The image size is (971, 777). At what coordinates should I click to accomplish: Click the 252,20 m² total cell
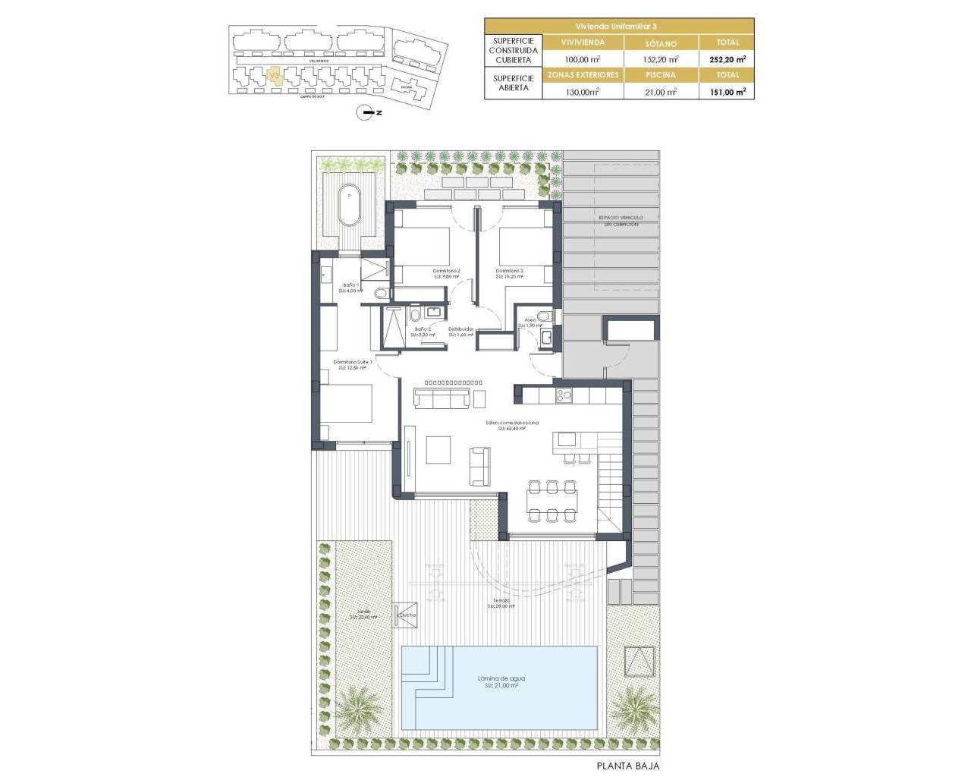coord(727,59)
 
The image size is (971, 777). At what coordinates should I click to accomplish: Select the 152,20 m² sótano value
coord(661,59)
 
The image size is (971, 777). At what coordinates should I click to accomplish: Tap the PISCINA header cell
coord(661,75)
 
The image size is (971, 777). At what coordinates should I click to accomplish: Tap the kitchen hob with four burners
coord(564,395)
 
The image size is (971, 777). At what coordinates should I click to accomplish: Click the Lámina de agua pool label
coord(501,681)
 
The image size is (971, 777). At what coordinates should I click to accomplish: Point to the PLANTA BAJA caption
coord(628,766)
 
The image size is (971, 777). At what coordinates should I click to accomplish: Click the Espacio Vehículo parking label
coord(621,221)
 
